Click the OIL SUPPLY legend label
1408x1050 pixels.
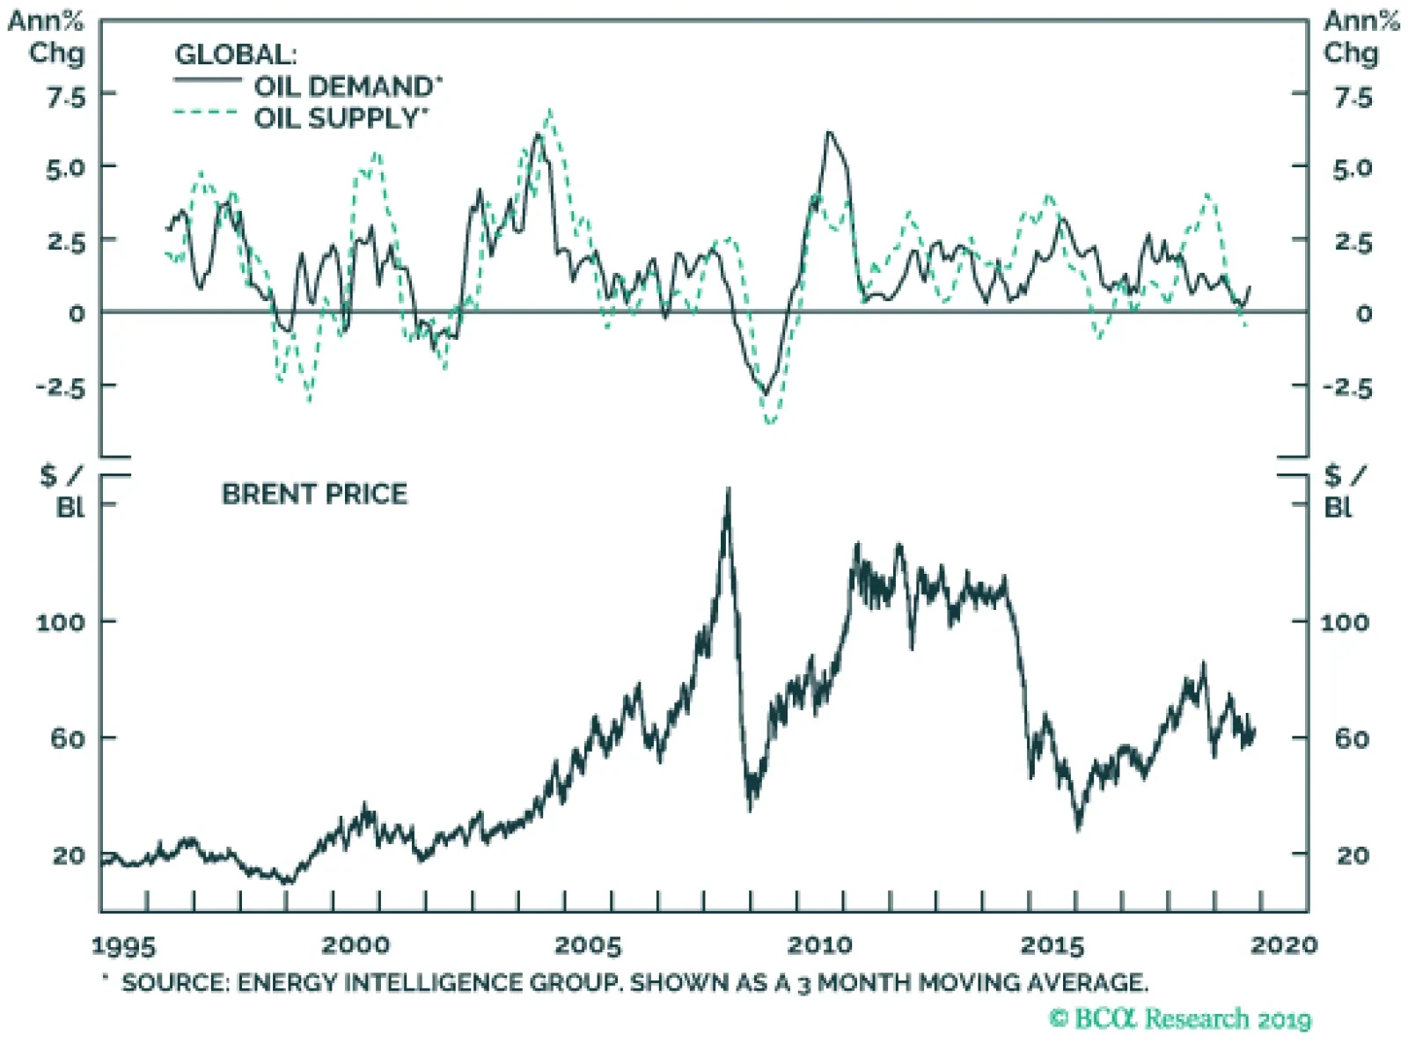point(341,117)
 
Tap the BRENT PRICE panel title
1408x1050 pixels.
point(314,494)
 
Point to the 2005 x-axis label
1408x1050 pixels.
point(588,946)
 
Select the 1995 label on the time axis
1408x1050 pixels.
point(123,946)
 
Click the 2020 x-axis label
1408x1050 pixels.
point(1284,945)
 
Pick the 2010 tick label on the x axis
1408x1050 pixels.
point(819,946)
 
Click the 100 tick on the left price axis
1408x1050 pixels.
point(60,622)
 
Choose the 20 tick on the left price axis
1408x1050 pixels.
point(68,855)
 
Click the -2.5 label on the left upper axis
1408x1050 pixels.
point(61,386)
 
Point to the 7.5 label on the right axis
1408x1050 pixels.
point(1353,97)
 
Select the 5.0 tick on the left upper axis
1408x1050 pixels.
point(66,167)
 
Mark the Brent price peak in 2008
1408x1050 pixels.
point(728,489)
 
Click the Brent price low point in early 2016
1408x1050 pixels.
point(1079,828)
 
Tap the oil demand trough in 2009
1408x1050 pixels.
point(766,393)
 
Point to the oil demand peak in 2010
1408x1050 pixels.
point(828,132)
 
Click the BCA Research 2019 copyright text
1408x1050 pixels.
point(1180,1019)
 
